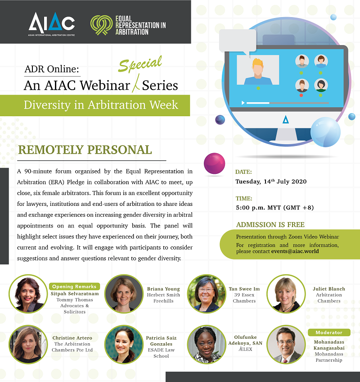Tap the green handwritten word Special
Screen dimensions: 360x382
point(140,64)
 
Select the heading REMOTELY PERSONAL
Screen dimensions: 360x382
point(85,150)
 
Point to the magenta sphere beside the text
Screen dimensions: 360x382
point(214,163)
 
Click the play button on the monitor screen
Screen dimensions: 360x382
point(243,103)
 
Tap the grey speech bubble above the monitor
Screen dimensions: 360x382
point(238,41)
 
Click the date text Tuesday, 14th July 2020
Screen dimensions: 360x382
point(271,182)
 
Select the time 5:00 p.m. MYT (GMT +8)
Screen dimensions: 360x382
point(275,208)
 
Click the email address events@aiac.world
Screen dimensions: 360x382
point(295,251)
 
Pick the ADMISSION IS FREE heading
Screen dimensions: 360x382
point(270,225)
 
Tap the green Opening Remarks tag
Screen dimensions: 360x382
point(74,286)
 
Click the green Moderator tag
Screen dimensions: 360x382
point(329,332)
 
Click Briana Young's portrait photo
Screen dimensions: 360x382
point(124,294)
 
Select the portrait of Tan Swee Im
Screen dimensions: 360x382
point(207,294)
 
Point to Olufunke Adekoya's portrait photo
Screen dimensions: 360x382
point(207,344)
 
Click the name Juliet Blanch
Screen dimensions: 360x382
point(329,289)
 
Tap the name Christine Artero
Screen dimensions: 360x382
point(72,338)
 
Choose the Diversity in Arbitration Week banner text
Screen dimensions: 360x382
point(101,105)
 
